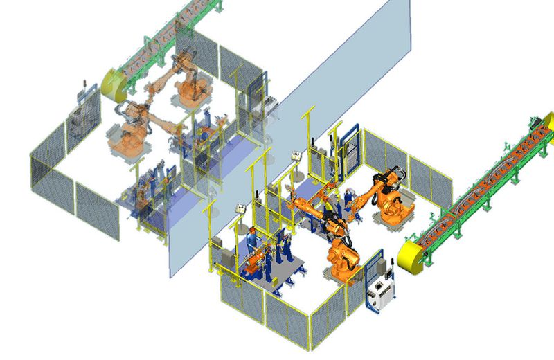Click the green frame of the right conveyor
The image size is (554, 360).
[x=485, y=201]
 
